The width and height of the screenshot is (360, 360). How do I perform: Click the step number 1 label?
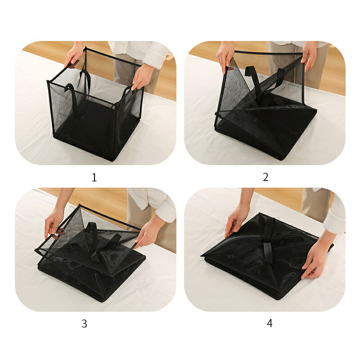pyautogui.click(x=94, y=177)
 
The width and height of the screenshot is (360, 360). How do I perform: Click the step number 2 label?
pyautogui.click(x=265, y=177)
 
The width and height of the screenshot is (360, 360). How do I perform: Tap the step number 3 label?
pyautogui.click(x=84, y=324)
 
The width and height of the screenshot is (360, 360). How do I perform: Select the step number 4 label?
pyautogui.click(x=270, y=323)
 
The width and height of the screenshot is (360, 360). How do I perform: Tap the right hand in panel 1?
pyautogui.click(x=142, y=76)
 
